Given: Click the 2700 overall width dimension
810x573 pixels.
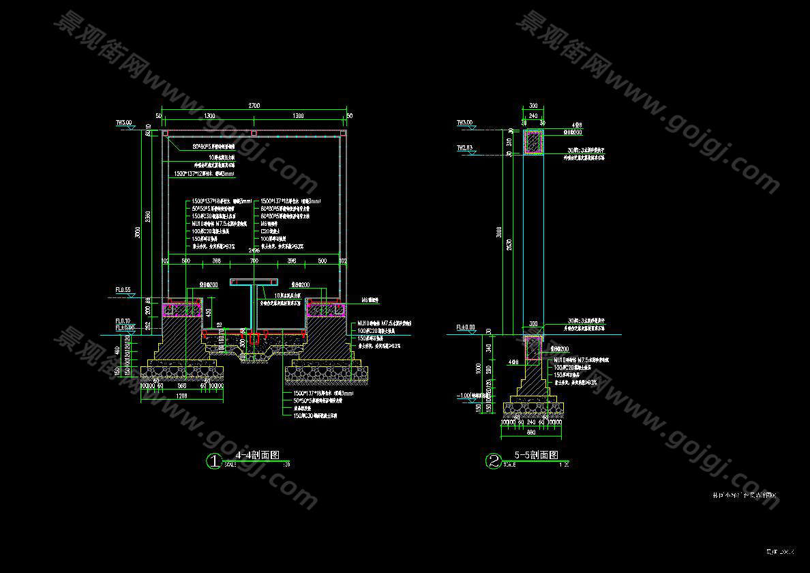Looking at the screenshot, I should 254,106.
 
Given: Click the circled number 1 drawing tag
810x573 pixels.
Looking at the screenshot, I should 214,462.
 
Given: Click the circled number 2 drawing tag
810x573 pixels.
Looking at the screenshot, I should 493,462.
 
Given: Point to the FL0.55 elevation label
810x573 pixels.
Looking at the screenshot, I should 123,290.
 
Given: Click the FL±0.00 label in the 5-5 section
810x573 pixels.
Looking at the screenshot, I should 466,327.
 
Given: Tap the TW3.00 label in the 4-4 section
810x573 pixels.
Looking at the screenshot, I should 123,123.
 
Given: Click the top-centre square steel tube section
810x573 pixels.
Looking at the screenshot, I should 254,132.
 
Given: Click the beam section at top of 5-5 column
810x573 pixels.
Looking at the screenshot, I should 533,142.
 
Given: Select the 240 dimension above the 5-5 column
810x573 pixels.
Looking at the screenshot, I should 533,116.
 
